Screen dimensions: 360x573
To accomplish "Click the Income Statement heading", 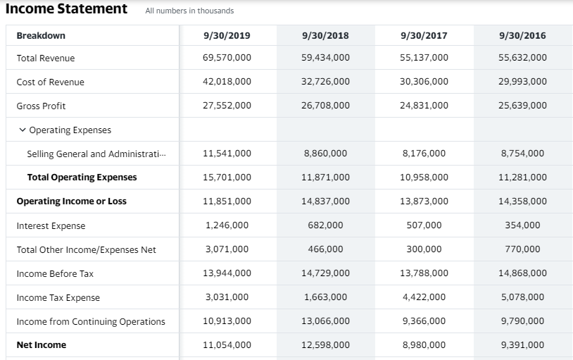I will click(66, 9).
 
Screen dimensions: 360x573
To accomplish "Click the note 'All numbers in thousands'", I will click(189, 11).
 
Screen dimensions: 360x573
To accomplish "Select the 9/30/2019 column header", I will click(227, 35).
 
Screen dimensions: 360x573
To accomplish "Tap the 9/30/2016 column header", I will click(522, 35).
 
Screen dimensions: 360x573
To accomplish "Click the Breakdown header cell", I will click(41, 35).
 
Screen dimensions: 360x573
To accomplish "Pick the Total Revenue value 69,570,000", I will click(227, 58).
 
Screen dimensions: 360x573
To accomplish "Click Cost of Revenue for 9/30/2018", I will click(325, 82).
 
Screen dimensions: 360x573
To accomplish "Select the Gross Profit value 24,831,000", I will click(424, 106).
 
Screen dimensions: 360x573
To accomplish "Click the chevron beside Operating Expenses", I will click(23, 130).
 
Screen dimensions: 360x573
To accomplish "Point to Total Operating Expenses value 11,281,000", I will click(522, 178).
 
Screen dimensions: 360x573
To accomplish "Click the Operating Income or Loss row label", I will click(71, 201).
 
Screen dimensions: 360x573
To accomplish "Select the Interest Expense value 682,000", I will click(325, 225).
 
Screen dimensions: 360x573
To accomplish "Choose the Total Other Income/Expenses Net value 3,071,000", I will click(227, 249).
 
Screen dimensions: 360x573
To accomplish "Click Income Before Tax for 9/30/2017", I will click(424, 273).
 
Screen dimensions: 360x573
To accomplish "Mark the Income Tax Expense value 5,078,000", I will click(522, 297).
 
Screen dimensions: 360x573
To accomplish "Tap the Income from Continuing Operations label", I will click(91, 321).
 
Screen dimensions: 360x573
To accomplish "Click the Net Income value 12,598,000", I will click(325, 345).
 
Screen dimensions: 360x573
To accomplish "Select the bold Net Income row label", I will click(41, 345).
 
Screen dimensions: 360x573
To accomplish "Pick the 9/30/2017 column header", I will click(424, 35).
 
